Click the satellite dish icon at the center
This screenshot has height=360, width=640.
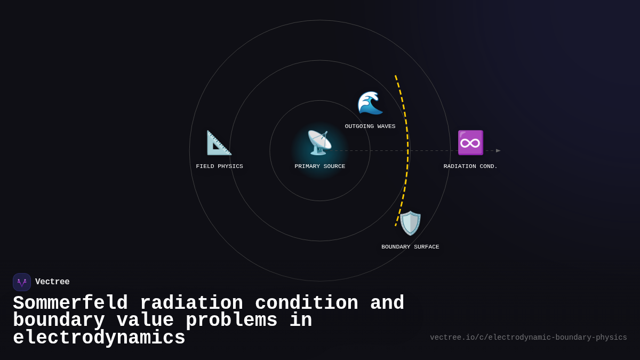pyautogui.click(x=319, y=142)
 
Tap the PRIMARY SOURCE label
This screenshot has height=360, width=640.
pyautogui.click(x=319, y=166)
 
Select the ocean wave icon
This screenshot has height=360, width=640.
pyautogui.click(x=370, y=102)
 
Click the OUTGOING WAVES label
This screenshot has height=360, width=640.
pyautogui.click(x=370, y=126)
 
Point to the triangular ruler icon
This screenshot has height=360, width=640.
pyautogui.click(x=219, y=142)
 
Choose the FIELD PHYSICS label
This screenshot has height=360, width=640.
pyautogui.click(x=219, y=166)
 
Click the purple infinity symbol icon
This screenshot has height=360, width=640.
pyautogui.click(x=470, y=142)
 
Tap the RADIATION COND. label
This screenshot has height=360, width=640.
pyautogui.click(x=470, y=166)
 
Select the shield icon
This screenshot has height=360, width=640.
pyautogui.click(x=410, y=223)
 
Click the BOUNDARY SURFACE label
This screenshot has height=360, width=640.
pyautogui.click(x=410, y=247)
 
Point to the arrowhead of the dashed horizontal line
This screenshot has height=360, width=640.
pyautogui.click(x=498, y=150)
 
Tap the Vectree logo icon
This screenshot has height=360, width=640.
pyautogui.click(x=22, y=282)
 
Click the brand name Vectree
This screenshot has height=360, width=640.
pyautogui.click(x=52, y=282)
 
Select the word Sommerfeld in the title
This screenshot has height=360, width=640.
pyautogui.click(x=70, y=303)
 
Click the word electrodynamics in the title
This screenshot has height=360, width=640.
pyautogui.click(x=99, y=338)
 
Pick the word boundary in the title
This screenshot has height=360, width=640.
pyautogui.click(x=59, y=321)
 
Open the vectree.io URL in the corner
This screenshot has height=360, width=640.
pyautogui.click(x=528, y=338)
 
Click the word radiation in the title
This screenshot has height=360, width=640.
pyautogui.click(x=191, y=303)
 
